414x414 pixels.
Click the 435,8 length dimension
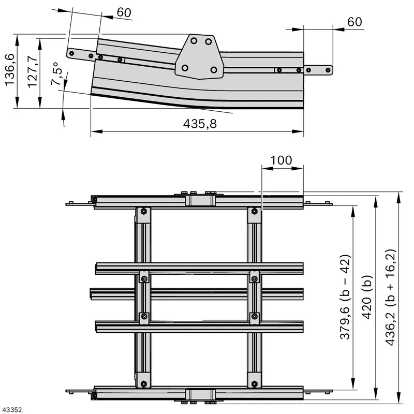tap(200, 124)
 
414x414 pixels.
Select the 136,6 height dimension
tap(10, 70)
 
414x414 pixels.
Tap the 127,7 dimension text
tap(33, 72)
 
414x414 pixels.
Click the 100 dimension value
tap(282, 160)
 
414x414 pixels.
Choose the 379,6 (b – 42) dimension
tap(345, 297)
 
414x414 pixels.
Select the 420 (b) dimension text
tap(366, 297)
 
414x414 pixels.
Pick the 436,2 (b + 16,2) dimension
tap(391, 297)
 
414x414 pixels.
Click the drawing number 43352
tap(11, 410)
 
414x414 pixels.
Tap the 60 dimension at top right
tap(354, 22)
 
